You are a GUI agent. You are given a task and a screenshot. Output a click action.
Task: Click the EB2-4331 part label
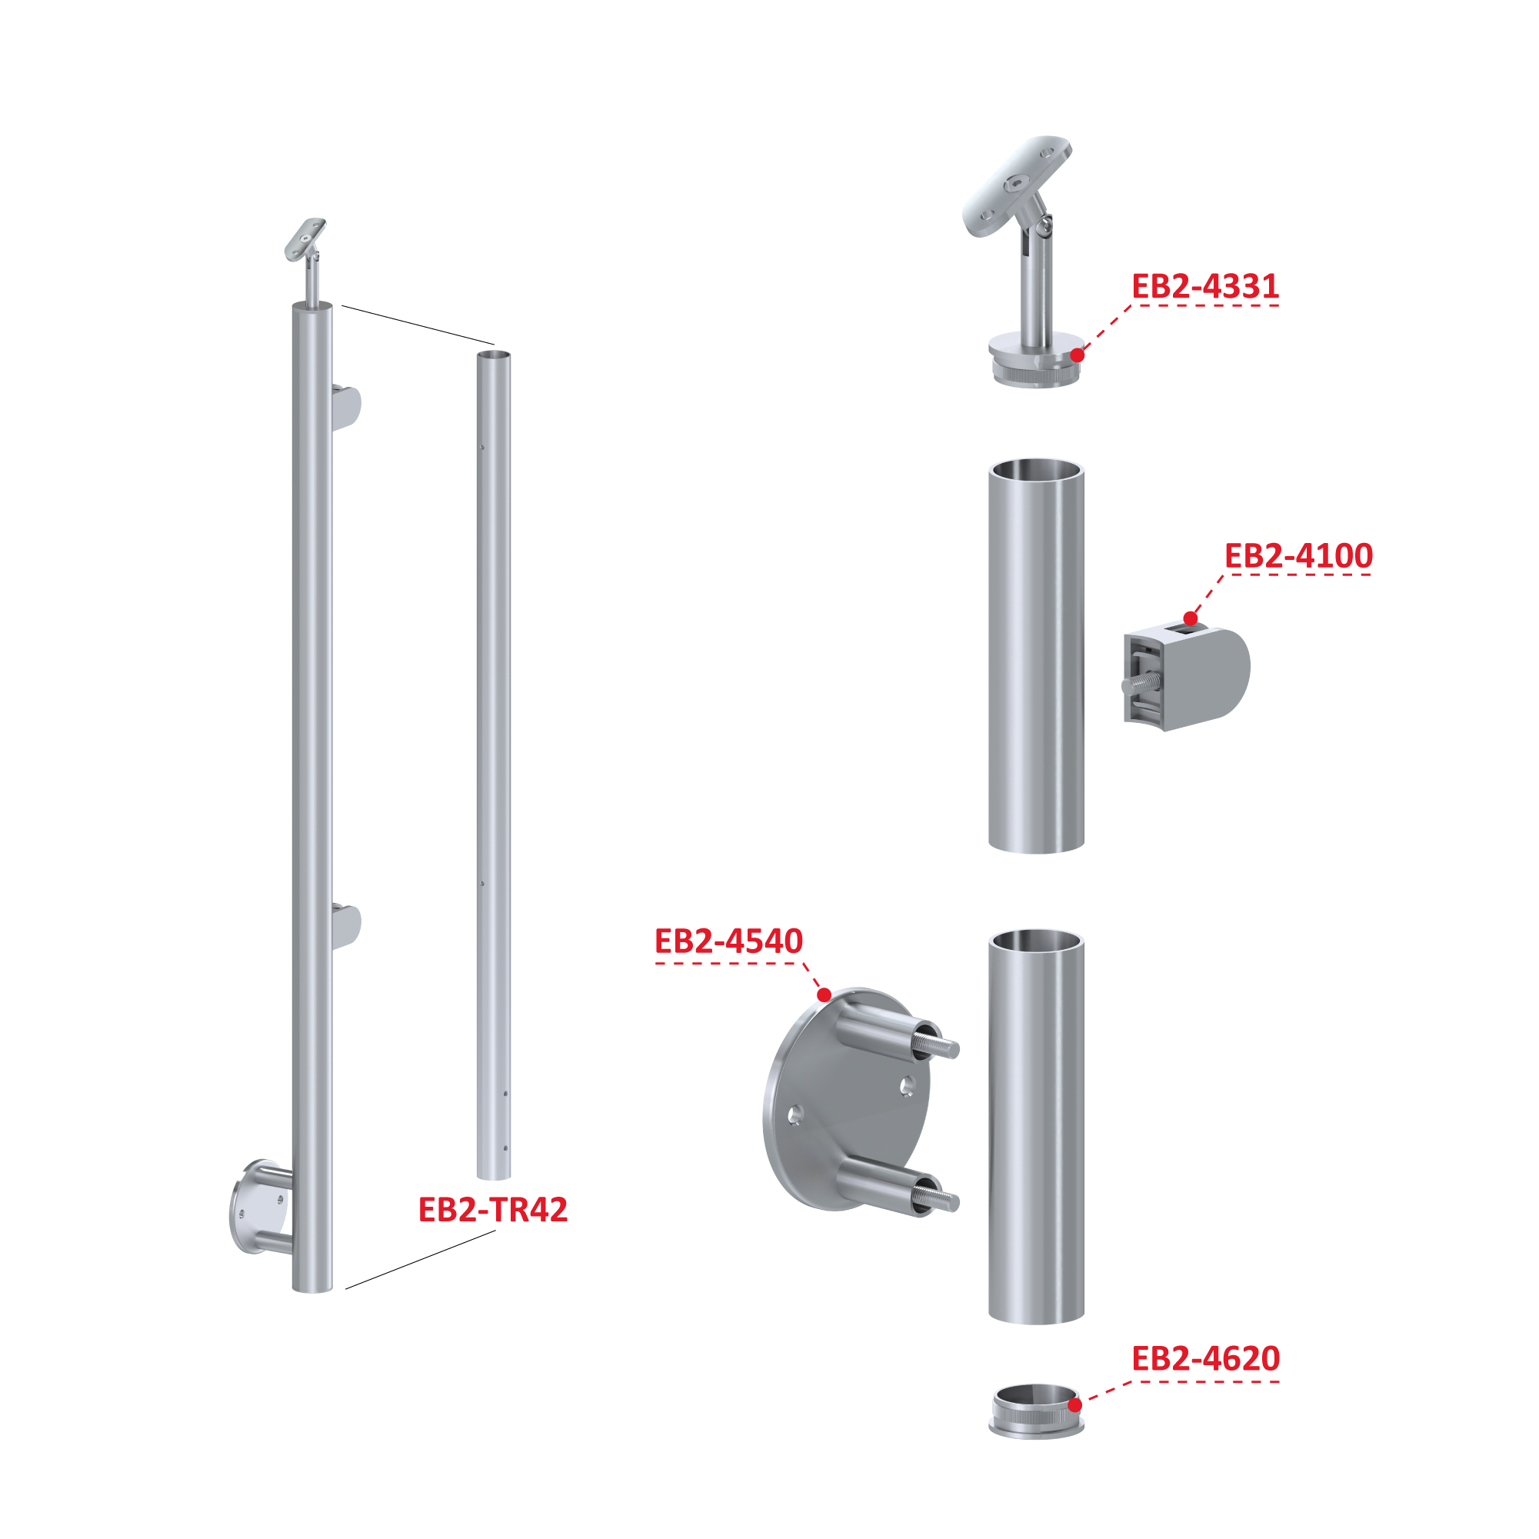click(1204, 287)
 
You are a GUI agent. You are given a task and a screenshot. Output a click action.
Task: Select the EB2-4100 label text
click(1297, 556)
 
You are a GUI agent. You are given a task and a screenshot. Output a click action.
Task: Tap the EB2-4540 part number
click(728, 941)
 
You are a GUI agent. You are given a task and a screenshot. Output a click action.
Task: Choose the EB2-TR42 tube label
click(492, 1210)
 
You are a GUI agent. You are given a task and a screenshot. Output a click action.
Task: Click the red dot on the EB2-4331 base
click(1077, 355)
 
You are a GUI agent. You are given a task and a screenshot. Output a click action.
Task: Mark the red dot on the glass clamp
click(1190, 618)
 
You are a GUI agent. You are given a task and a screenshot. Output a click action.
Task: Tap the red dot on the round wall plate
click(824, 995)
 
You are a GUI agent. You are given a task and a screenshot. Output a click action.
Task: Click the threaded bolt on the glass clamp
click(1142, 682)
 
